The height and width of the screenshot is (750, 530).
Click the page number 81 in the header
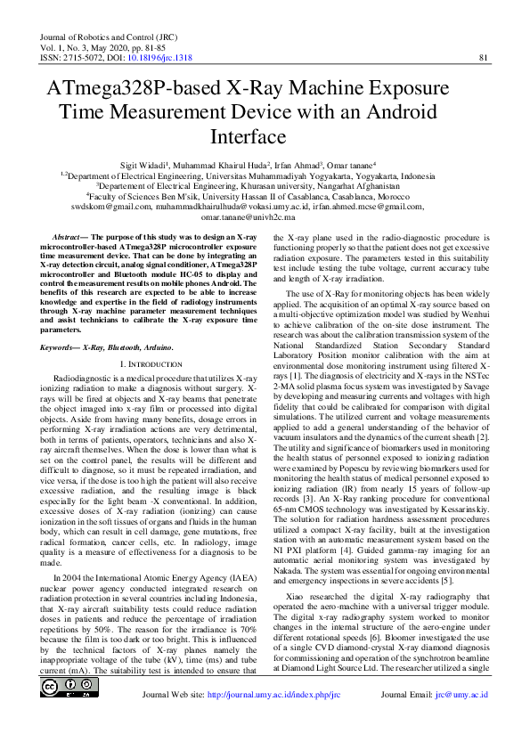click(x=485, y=57)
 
